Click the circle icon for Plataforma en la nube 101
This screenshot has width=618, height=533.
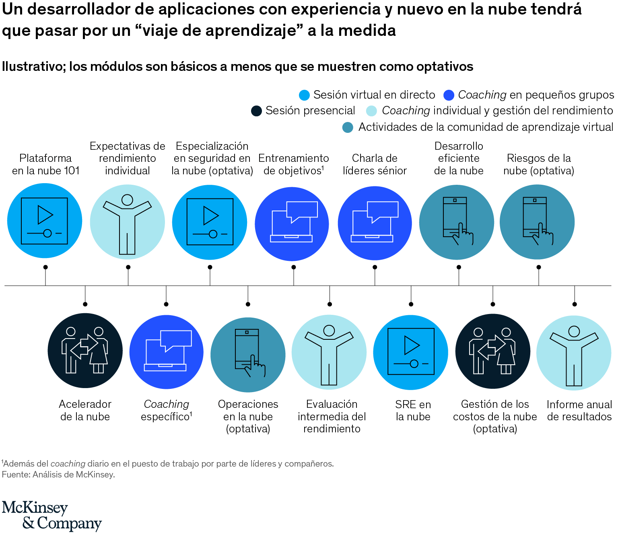45,221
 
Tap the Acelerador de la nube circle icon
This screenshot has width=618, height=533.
85,351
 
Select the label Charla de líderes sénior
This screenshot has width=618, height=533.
375,164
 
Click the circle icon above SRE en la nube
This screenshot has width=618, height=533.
410,352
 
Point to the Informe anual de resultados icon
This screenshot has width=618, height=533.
574,353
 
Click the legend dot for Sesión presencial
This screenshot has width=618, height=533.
256,111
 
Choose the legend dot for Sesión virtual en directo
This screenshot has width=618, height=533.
304,95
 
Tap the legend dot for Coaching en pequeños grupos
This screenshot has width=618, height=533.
449,95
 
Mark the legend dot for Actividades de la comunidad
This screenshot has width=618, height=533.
348,127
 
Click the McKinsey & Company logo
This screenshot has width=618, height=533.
51,516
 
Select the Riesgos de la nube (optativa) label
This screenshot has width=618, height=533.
539,164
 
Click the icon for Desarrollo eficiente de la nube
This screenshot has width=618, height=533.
457,222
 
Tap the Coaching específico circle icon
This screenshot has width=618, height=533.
166,352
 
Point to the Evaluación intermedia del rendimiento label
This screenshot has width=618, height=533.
332,416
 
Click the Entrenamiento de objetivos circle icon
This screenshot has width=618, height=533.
292,224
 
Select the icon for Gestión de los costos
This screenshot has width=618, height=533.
493,351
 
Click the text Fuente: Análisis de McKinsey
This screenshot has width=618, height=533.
58,475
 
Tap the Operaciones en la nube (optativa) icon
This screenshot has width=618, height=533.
248,355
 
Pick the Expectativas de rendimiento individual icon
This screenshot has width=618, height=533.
127,222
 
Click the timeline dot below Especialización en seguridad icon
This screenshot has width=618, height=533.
210,267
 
